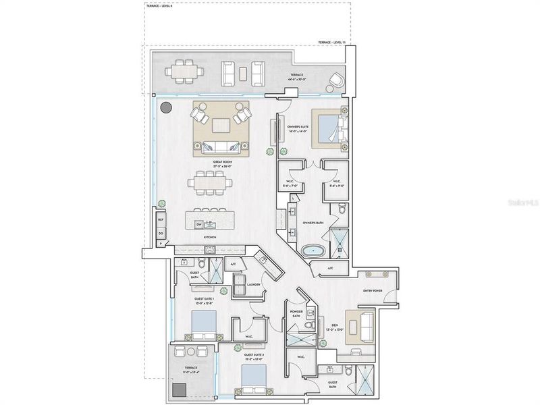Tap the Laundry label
pos(253,284)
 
